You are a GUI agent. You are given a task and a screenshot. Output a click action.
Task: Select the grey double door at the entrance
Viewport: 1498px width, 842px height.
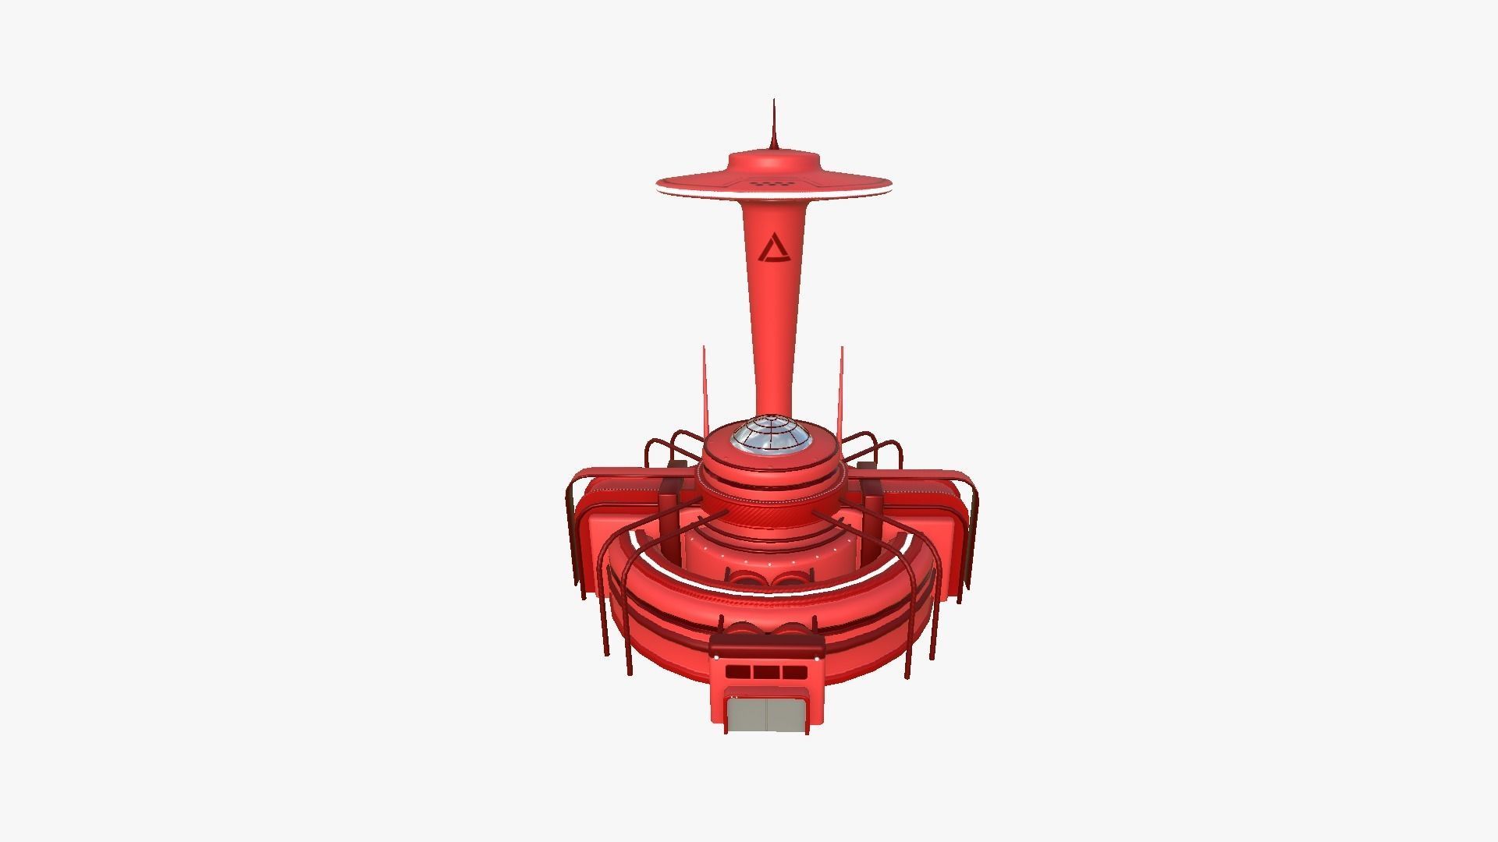pyautogui.click(x=767, y=714)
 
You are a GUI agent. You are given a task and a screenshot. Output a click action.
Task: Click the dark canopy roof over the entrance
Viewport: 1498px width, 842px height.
pyautogui.click(x=767, y=643)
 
